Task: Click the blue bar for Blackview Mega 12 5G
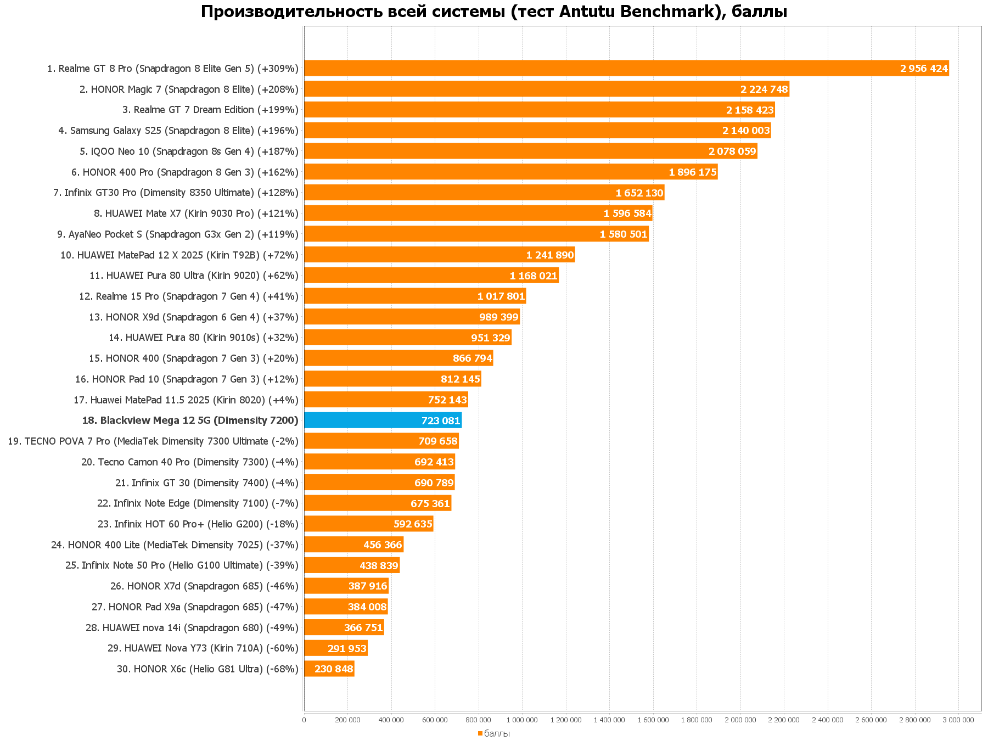pos(383,420)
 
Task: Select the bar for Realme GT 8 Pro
pos(626,69)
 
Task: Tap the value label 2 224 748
pos(764,89)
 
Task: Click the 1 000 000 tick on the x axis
pos(522,720)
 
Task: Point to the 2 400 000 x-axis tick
pos(827,720)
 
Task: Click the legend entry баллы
pos(496,733)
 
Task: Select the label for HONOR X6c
pos(207,669)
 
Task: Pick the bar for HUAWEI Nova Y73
pos(335,648)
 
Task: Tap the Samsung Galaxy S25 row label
pos(178,131)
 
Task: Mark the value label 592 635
pos(413,524)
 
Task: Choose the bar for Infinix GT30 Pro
pos(484,193)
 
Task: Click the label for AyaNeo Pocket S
pos(178,234)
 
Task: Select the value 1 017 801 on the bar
pos(501,296)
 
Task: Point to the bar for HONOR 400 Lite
pos(353,545)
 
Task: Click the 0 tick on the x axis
pos(304,720)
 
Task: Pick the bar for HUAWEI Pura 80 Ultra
pos(431,276)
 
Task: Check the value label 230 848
pos(334,669)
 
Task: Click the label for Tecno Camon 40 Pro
pos(190,462)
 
